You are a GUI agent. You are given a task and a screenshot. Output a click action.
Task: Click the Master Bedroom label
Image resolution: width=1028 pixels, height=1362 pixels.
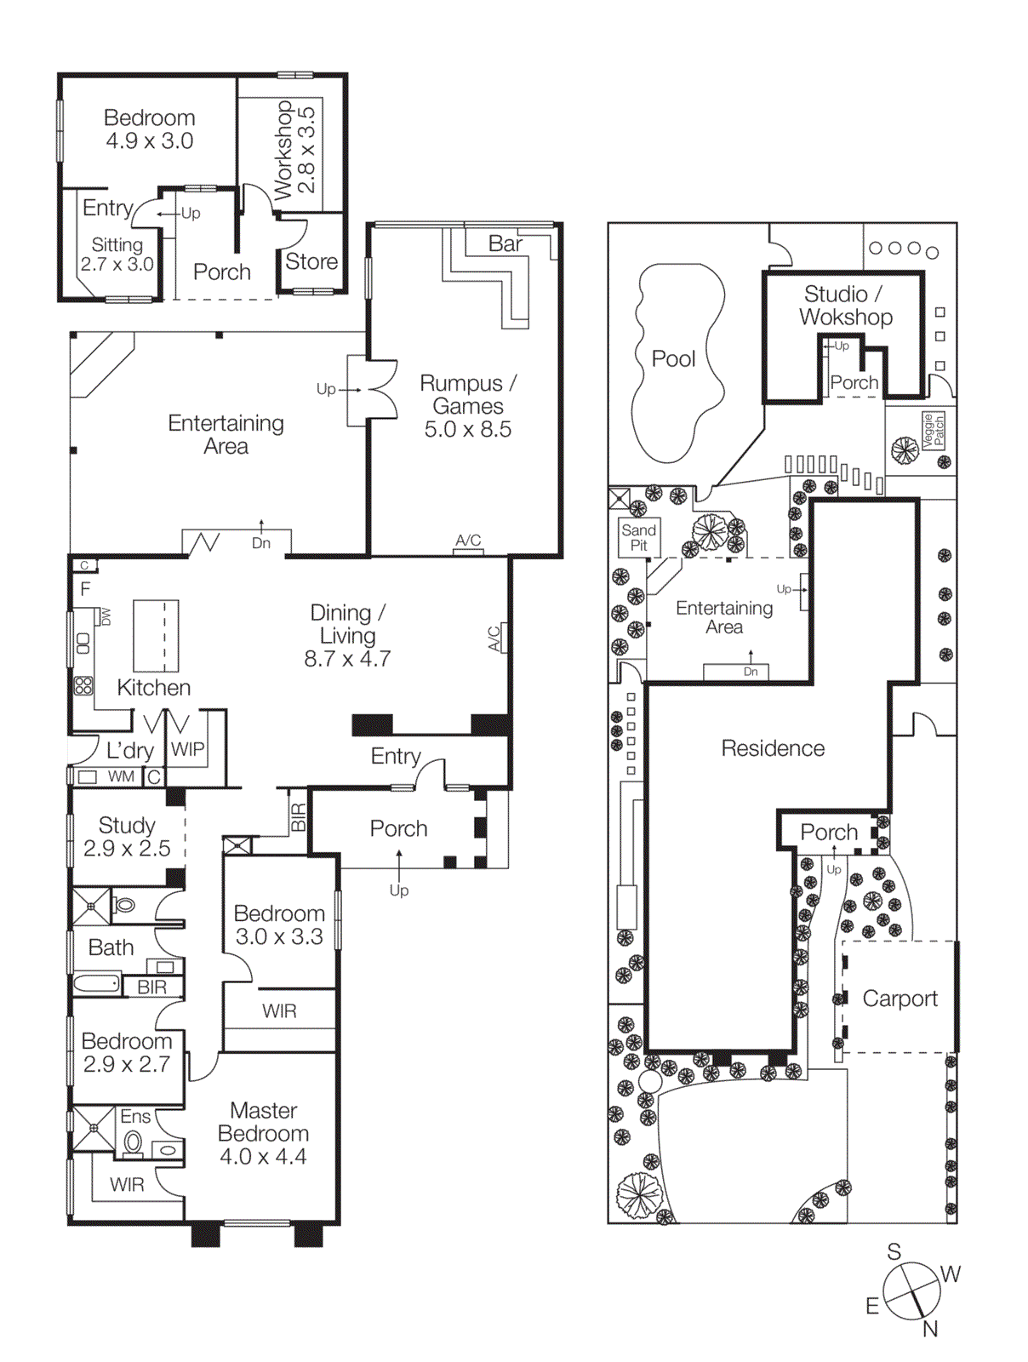click(263, 1133)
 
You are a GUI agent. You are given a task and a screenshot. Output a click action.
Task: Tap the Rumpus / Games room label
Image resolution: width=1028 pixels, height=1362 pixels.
click(467, 406)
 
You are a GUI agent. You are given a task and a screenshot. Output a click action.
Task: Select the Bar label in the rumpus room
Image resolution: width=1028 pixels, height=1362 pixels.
click(505, 244)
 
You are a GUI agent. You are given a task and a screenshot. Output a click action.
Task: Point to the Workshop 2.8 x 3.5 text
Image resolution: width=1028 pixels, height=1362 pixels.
click(294, 150)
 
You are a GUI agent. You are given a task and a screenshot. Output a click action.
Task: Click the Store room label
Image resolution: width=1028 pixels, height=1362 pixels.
click(311, 262)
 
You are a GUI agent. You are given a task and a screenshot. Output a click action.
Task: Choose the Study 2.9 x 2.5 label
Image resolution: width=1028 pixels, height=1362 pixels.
click(127, 837)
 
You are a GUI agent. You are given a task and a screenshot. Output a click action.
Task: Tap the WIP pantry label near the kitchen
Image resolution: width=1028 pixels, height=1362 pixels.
click(187, 749)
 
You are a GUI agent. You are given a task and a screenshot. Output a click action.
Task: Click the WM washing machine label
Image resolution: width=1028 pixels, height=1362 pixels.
click(121, 776)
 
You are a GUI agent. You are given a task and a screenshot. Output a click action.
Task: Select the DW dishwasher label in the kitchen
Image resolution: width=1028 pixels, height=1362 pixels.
click(106, 616)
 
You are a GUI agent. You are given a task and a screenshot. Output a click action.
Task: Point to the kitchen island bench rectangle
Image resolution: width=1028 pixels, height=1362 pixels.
click(156, 636)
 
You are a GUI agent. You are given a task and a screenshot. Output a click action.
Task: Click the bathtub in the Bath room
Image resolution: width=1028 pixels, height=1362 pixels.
click(97, 985)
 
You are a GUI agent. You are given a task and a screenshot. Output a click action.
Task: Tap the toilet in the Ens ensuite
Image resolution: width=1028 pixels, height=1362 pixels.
click(133, 1142)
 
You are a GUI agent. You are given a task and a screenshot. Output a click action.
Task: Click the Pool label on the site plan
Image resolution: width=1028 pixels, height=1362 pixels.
click(673, 359)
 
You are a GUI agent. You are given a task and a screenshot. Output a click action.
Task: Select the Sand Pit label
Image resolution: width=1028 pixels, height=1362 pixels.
click(638, 537)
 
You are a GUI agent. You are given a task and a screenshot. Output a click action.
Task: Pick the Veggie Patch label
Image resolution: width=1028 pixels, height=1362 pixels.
click(933, 430)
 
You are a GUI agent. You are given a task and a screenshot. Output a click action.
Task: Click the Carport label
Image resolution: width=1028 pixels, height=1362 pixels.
click(899, 999)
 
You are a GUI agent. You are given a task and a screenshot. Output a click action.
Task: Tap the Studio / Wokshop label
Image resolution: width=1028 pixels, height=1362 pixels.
click(845, 306)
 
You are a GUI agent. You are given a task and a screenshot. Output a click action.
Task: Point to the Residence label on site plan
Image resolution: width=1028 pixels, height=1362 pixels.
click(773, 748)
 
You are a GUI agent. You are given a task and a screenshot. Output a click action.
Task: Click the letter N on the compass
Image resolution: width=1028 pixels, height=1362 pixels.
click(930, 1329)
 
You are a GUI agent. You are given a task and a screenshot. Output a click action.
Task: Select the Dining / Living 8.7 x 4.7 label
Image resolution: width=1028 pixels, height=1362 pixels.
click(347, 636)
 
